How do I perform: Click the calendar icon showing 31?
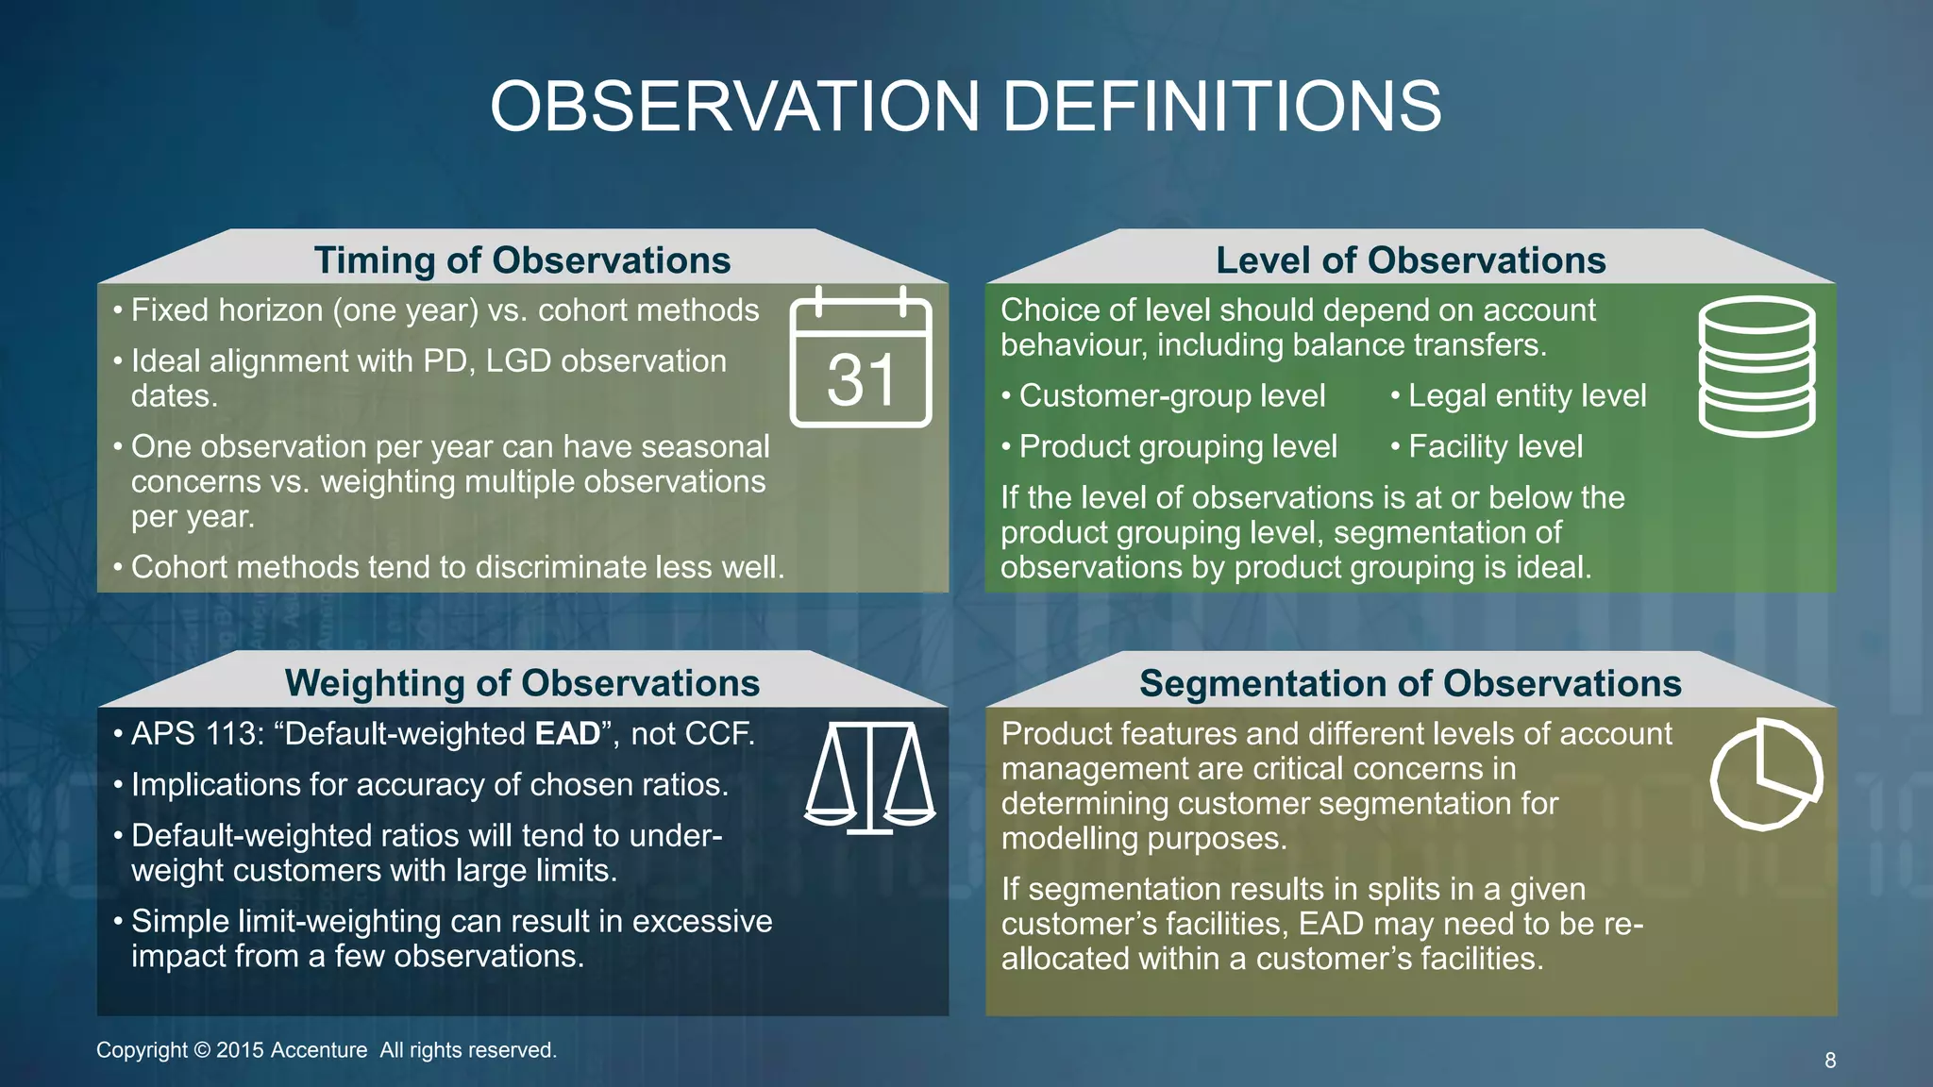tap(860, 359)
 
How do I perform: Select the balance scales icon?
tap(869, 778)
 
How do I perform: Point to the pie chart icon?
tap(1765, 774)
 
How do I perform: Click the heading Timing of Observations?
tap(522, 260)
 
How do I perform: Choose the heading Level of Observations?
tap(1410, 260)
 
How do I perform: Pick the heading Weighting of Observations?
tap(522, 683)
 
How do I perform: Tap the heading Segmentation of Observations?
tap(1410, 683)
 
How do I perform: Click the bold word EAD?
tap(567, 734)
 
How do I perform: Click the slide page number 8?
tap(1830, 1061)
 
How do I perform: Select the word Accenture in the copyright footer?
tap(318, 1050)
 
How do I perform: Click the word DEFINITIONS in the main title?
tap(1221, 106)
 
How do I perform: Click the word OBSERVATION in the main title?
tap(735, 106)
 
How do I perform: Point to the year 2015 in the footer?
tap(240, 1050)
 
